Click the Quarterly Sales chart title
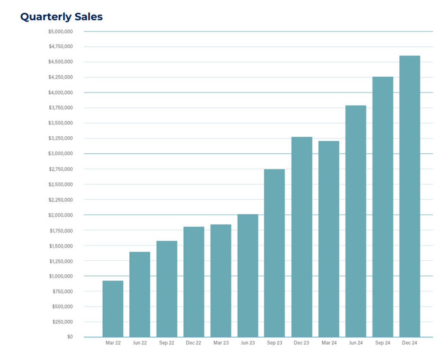[61, 17]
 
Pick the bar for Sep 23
[275, 253]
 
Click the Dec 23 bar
[302, 237]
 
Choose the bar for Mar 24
[329, 239]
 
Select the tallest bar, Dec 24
[409, 196]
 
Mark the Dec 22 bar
[194, 281]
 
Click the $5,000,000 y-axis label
[60, 32]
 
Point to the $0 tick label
[70, 337]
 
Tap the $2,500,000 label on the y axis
[60, 184]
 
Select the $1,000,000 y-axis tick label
[60, 276]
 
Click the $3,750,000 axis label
[60, 108]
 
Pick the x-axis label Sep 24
[383, 343]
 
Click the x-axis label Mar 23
[221, 343]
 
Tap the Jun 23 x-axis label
[248, 343]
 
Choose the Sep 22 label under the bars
[167, 343]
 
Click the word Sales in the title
[89, 17]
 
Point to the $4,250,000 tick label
[60, 77]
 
